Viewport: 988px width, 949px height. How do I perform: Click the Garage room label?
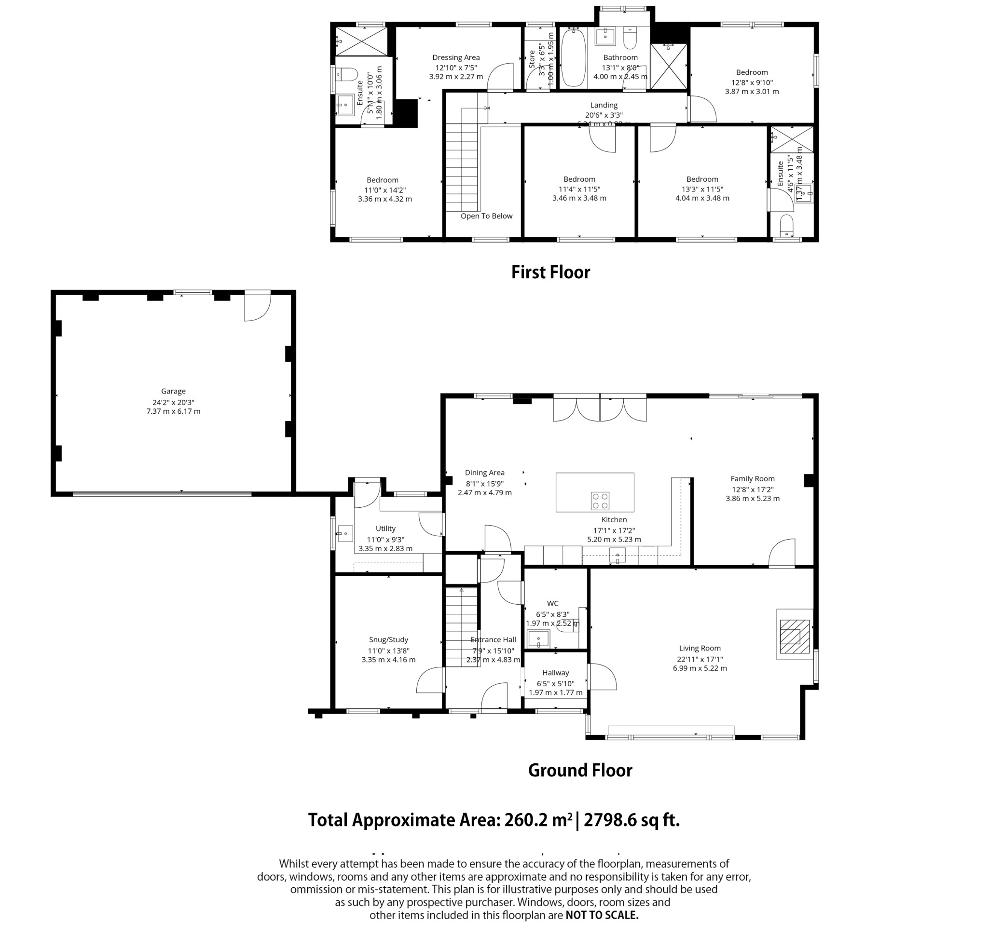[173, 391]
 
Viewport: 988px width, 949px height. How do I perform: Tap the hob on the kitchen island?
[600, 501]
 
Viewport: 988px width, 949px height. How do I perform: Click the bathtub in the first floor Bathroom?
[573, 58]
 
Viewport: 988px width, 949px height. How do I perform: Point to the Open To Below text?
[486, 216]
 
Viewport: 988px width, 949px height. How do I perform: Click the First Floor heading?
[550, 272]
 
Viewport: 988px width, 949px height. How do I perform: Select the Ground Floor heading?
[580, 770]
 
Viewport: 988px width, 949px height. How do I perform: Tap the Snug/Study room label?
[388, 639]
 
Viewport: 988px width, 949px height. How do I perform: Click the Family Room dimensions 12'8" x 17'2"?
[752, 489]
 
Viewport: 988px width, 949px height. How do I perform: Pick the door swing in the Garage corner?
[257, 306]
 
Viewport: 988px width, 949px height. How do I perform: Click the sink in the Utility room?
[345, 533]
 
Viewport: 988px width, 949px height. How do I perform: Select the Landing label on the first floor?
[604, 105]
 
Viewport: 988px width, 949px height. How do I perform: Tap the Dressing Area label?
[456, 57]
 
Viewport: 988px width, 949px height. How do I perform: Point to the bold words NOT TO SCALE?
[602, 915]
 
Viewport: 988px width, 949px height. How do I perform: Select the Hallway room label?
[555, 673]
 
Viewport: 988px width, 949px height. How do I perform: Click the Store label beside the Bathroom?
[531, 59]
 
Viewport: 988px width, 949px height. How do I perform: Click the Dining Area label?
[484, 472]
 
